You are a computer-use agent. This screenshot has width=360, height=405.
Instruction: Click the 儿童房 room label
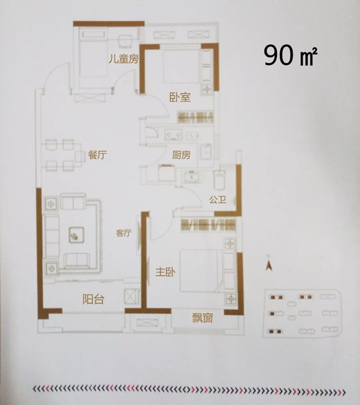click(124, 59)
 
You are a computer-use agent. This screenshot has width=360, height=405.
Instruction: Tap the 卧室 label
click(180, 97)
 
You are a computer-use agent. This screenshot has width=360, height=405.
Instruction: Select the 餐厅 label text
click(97, 155)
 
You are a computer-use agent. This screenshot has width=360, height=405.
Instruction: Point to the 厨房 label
click(181, 155)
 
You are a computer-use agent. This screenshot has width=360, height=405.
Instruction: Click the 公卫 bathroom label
click(218, 199)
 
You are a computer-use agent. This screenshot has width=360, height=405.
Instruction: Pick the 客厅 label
click(124, 233)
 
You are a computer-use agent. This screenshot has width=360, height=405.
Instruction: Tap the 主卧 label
click(166, 272)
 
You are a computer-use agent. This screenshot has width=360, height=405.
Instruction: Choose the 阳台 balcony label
click(94, 299)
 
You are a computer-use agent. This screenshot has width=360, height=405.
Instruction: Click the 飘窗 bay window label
click(202, 318)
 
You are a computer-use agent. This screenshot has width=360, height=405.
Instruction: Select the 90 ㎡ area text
click(291, 56)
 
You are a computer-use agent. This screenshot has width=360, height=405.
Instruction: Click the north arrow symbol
click(269, 264)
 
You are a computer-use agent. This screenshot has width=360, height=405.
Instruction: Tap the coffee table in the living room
click(77, 235)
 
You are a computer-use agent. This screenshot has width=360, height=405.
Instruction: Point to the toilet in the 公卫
click(219, 180)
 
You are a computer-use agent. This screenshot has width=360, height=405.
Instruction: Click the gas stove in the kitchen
click(173, 134)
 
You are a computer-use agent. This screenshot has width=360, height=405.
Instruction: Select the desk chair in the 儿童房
click(126, 41)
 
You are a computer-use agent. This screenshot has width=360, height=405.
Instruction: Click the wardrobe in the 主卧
click(208, 224)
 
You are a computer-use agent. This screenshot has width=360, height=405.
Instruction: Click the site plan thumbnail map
click(302, 313)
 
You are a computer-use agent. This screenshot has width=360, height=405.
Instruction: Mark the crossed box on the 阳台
click(132, 295)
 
